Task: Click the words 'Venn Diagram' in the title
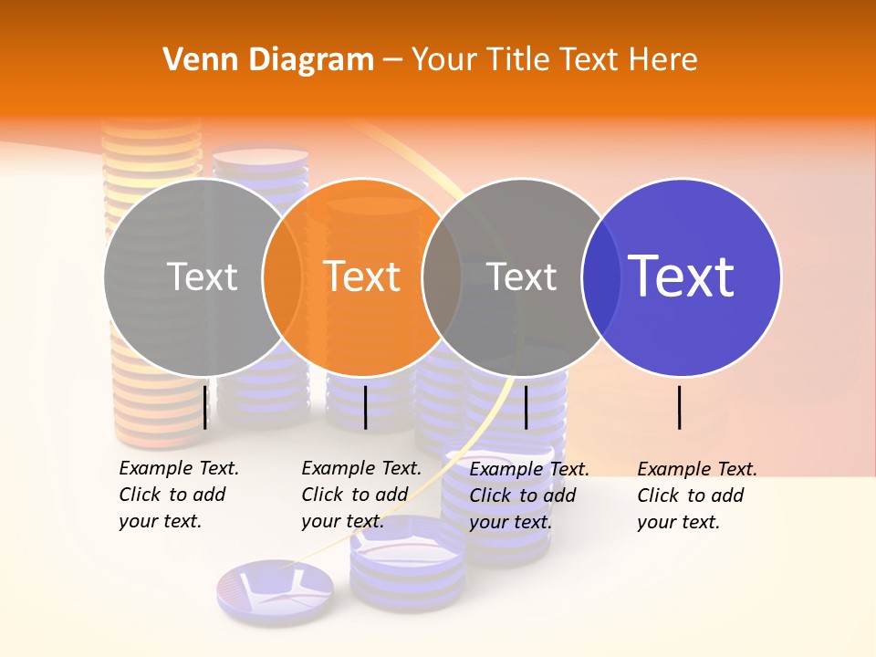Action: pyautogui.click(x=268, y=60)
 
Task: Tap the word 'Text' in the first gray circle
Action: pyautogui.click(x=203, y=277)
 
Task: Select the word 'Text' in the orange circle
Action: pyautogui.click(x=362, y=277)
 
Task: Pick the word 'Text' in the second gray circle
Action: pyautogui.click(x=522, y=277)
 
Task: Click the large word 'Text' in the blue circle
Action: pyautogui.click(x=682, y=276)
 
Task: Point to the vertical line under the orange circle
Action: pyautogui.click(x=365, y=407)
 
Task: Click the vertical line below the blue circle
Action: pyautogui.click(x=680, y=407)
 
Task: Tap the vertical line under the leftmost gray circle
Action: pyautogui.click(x=205, y=407)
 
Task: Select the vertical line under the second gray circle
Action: pyautogui.click(x=526, y=407)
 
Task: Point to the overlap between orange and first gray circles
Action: pyautogui.click(x=282, y=277)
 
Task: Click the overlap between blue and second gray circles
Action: pyautogui.click(x=601, y=277)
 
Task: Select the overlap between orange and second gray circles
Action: pyautogui.click(x=442, y=277)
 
